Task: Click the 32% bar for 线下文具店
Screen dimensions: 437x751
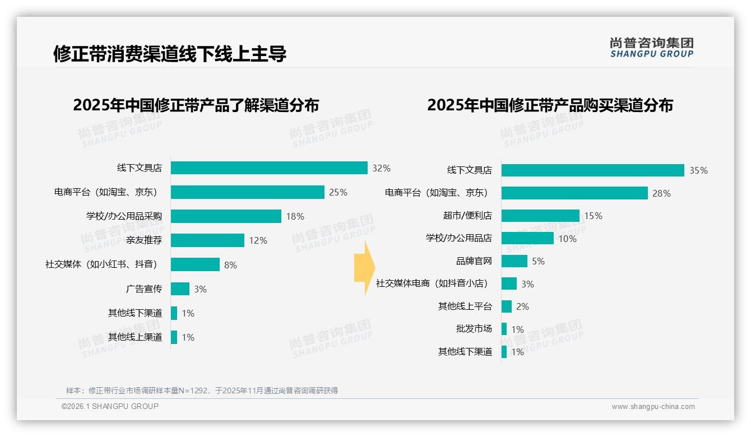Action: pyautogui.click(x=269, y=168)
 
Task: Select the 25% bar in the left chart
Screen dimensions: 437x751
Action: pyautogui.click(x=248, y=192)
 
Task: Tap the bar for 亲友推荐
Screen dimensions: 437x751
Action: pyautogui.click(x=207, y=240)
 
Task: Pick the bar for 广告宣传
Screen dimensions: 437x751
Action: pyautogui.click(x=180, y=289)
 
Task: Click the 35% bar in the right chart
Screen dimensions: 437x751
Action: pyautogui.click(x=592, y=170)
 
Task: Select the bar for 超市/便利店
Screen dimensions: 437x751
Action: pyautogui.click(x=540, y=216)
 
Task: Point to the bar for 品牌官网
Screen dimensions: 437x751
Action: pyautogui.click(x=514, y=261)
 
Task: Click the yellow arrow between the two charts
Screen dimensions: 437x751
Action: pyautogui.click(x=364, y=268)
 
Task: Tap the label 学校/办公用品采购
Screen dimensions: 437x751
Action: pyautogui.click(x=124, y=216)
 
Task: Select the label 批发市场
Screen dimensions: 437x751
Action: pyautogui.click(x=474, y=329)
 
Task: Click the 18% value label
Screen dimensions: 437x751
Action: pyautogui.click(x=295, y=216)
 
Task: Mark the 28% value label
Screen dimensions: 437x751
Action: pyautogui.click(x=661, y=193)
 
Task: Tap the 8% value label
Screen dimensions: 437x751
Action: pyautogui.click(x=230, y=265)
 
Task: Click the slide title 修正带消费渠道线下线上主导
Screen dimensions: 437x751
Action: pyautogui.click(x=170, y=54)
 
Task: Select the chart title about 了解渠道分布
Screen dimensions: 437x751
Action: pyautogui.click(x=196, y=105)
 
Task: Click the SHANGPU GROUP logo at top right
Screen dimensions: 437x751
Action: pyautogui.click(x=651, y=47)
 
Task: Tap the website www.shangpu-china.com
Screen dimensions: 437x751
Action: pyautogui.click(x=653, y=407)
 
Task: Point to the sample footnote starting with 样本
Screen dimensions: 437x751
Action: pyautogui.click(x=202, y=390)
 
